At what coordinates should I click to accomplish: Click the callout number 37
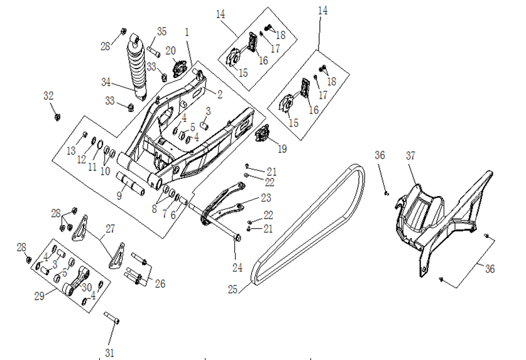tap(410, 155)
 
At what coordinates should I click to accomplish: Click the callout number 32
tap(49, 96)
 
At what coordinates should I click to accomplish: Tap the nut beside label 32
tap(55, 116)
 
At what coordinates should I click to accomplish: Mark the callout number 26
tap(160, 284)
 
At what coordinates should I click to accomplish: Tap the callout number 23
tap(266, 199)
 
